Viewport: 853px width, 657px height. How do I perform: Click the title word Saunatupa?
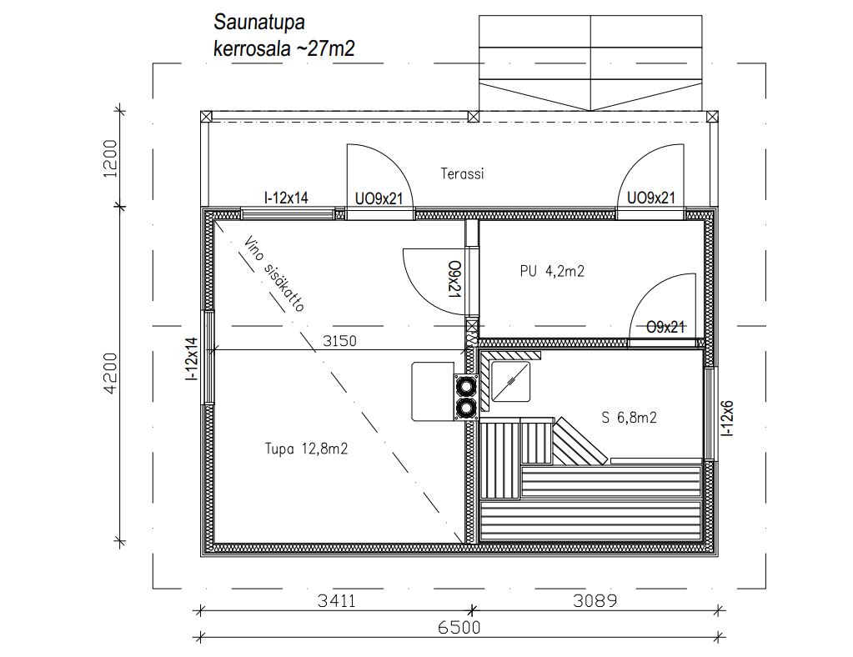pos(259,23)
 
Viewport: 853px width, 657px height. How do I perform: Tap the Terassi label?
pos(462,174)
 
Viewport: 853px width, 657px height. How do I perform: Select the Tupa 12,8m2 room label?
pos(306,449)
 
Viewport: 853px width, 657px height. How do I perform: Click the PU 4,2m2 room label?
pos(552,271)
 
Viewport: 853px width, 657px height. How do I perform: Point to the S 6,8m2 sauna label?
pos(629,418)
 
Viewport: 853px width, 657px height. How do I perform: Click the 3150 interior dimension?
pos(339,341)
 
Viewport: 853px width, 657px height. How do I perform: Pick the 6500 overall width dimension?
pos(459,628)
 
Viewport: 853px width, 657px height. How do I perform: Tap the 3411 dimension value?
pos(336,601)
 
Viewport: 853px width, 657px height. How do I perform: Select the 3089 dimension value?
pos(595,601)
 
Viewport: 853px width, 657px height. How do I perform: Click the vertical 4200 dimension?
pos(110,373)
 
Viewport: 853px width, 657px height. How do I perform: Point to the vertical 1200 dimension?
pos(110,158)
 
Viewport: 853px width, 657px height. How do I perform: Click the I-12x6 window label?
pos(727,419)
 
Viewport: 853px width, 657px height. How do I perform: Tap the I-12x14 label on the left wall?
pos(191,359)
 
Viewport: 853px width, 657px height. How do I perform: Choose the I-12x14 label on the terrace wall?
pos(286,198)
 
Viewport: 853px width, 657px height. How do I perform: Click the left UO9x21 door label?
pos(379,199)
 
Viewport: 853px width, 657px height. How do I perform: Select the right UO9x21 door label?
pos(650,198)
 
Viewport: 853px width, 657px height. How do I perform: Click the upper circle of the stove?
pos(465,387)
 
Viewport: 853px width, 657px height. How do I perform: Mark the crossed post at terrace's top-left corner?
pos(206,117)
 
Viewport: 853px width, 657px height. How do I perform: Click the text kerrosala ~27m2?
pos(284,49)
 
